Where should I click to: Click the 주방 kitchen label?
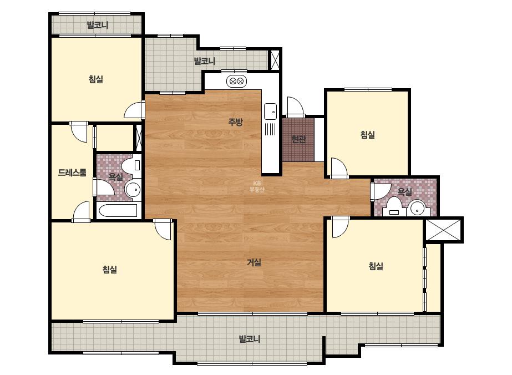[x=235, y=122]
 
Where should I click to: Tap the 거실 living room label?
[x=254, y=262]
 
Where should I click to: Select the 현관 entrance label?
[x=298, y=139]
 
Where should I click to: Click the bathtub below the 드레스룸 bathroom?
[x=118, y=211]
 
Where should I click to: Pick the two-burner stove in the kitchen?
[x=236, y=80]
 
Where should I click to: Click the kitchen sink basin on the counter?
[x=270, y=112]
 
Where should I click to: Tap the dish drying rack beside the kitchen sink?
[x=270, y=129]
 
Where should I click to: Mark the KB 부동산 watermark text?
[x=257, y=186]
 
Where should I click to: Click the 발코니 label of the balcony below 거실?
[x=250, y=339]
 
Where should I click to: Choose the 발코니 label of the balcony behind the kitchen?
[x=204, y=61]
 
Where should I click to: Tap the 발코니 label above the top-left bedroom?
[x=98, y=25]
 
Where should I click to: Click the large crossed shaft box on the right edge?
[x=443, y=230]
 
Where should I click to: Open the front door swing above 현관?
[x=296, y=107]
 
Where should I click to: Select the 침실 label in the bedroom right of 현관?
[x=368, y=135]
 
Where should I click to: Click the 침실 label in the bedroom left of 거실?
[x=110, y=270]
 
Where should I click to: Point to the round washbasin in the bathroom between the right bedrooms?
[x=418, y=208]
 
